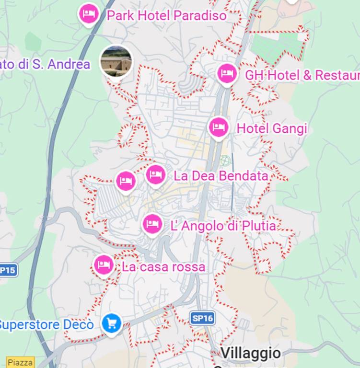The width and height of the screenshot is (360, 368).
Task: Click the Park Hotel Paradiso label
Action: [x=166, y=15]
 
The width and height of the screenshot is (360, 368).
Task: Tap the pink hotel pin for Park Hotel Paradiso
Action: [x=88, y=14]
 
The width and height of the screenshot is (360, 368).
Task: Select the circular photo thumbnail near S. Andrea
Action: [x=116, y=61]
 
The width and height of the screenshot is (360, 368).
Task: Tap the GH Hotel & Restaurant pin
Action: [x=227, y=74]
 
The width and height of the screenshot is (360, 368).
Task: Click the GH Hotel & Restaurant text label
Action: [x=302, y=75]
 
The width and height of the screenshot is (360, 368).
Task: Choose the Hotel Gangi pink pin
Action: [x=219, y=127]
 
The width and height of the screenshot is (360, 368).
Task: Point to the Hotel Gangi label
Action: [x=272, y=128]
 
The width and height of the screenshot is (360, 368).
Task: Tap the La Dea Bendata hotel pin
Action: [x=155, y=174]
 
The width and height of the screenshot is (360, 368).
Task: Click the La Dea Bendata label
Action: [x=221, y=176]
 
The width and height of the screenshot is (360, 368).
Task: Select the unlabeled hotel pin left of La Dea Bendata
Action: [x=126, y=181]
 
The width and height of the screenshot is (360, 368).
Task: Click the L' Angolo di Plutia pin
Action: [x=152, y=223]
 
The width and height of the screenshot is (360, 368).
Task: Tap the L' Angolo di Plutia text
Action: [x=223, y=225]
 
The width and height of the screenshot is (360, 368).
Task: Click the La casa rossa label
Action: [x=163, y=267]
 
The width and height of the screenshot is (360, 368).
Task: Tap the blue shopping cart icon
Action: [x=111, y=323]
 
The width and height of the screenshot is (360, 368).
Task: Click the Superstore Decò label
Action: [x=46, y=324]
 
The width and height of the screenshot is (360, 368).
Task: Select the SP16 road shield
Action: [x=201, y=318]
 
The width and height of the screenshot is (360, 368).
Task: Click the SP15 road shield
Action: [x=8, y=270]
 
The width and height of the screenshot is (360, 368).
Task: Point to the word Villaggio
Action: [x=251, y=354]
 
